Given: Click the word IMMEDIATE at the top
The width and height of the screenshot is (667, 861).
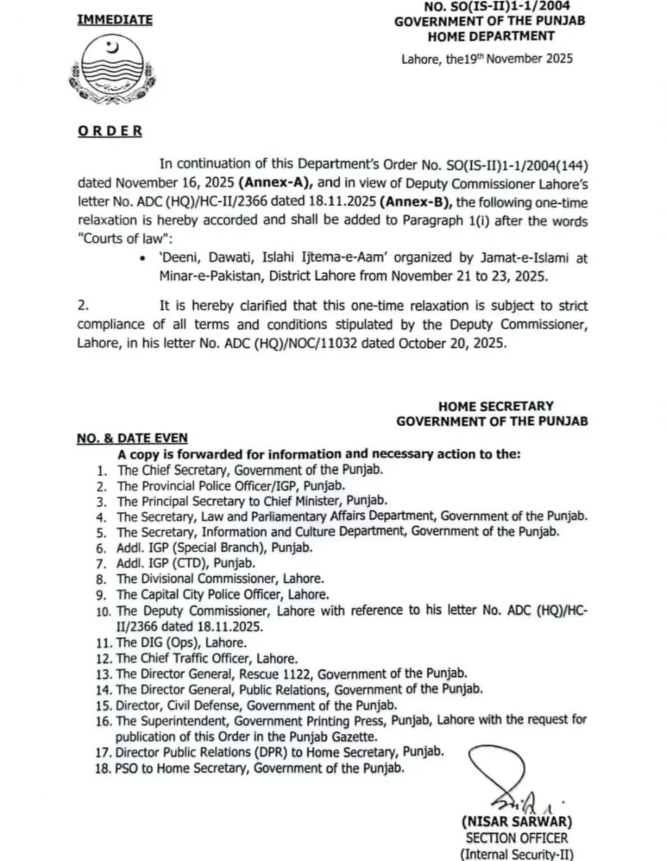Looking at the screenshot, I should tap(115, 20).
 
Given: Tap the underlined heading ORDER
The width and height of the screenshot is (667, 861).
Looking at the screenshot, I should tap(110, 131).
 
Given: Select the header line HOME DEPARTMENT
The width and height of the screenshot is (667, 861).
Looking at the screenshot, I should tap(491, 36).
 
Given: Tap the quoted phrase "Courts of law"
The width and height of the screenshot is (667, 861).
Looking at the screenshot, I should tap(119, 239).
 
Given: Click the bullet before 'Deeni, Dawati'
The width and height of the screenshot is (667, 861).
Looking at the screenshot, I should tap(143, 259).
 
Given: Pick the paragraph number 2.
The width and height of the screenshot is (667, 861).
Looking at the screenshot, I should tap(83, 306).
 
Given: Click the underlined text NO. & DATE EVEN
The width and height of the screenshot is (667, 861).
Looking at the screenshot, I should tap(132, 438).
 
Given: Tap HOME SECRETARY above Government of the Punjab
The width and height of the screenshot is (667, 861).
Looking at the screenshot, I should tap(495, 406).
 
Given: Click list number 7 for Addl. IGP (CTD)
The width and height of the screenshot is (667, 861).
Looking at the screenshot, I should tap(102, 564).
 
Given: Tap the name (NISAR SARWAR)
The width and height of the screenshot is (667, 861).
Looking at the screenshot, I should tap(516, 822).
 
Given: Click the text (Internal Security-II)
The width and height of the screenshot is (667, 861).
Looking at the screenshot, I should tap(517, 854).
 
